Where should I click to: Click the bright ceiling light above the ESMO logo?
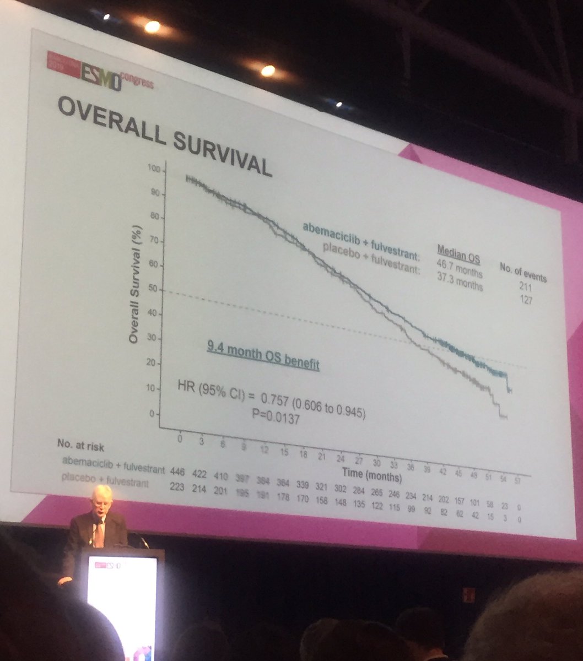click(152, 26)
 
